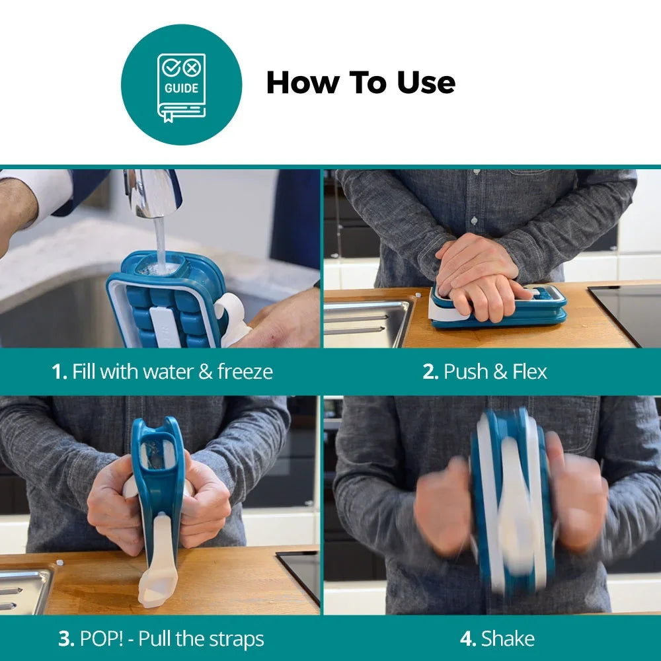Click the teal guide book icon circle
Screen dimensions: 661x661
(x=181, y=85)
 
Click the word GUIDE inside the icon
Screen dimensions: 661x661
(x=181, y=88)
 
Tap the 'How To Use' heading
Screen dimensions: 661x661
(x=360, y=83)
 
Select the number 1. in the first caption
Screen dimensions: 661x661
(x=59, y=371)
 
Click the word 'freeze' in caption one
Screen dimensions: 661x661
(x=245, y=371)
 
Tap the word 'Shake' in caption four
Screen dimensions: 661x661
(x=508, y=639)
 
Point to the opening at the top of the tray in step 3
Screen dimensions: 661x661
(x=157, y=456)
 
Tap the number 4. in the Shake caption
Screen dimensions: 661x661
(x=468, y=639)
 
